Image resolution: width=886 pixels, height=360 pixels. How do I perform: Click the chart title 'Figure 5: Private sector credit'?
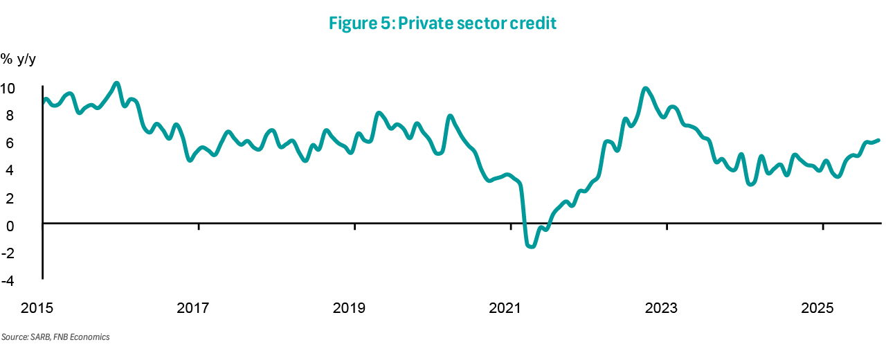coord(442,23)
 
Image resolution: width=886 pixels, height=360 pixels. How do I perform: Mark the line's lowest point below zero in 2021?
coord(531,246)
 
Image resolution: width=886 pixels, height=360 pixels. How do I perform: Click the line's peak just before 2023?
coord(645,88)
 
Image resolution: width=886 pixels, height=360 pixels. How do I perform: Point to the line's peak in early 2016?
coord(116,83)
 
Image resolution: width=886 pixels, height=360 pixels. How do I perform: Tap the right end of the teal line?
coord(878,140)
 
